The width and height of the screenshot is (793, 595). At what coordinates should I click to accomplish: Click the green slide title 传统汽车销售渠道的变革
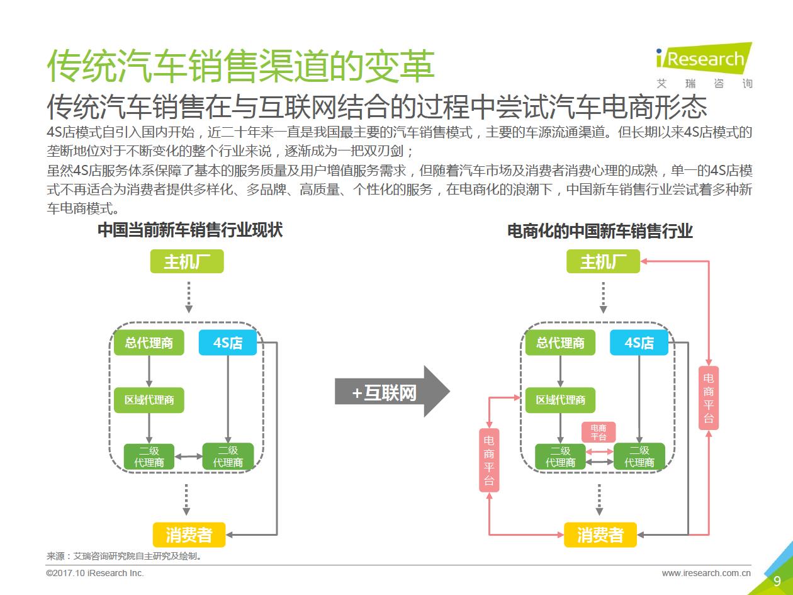[240, 66]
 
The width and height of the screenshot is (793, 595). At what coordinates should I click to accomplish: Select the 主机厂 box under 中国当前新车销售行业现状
[187, 261]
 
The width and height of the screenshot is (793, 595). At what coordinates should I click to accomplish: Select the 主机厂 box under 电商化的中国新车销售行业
[603, 261]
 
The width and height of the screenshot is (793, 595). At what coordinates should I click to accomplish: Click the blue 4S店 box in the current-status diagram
[227, 343]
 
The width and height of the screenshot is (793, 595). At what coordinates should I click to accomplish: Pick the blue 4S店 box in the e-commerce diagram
[639, 343]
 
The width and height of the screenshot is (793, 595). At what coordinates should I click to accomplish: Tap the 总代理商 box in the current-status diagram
[149, 343]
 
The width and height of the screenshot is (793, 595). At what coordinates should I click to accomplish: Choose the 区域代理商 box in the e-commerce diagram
[560, 400]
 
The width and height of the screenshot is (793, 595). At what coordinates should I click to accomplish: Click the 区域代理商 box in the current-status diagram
[149, 400]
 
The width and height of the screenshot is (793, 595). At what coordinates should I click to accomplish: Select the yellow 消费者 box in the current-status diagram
[189, 535]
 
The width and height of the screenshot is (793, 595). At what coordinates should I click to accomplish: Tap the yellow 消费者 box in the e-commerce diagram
[600, 535]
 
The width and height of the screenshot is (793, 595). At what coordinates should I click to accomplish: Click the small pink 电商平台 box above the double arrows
[599, 432]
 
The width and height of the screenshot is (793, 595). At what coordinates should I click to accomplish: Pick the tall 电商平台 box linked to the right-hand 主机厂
[709, 398]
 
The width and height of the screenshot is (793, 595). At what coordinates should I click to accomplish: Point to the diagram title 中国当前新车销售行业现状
[190, 230]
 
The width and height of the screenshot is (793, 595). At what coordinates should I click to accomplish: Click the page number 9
[777, 581]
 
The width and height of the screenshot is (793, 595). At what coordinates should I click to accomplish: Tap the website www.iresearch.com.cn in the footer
[706, 573]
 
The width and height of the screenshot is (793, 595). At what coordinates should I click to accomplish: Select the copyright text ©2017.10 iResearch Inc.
[95, 573]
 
